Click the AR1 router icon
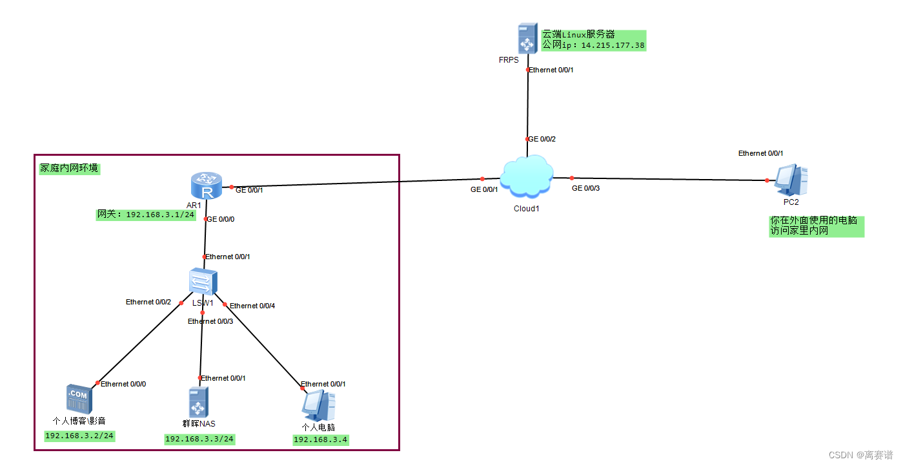[207, 186]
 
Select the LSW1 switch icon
[203, 282]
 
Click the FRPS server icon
[527, 39]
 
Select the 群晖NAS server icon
[198, 402]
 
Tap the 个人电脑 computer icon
[318, 405]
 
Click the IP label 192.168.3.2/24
[79, 436]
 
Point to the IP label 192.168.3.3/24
[199, 440]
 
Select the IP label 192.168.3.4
[321, 440]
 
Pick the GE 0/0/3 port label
[586, 188]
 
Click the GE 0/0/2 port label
[542, 139]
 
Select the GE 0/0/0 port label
[221, 219]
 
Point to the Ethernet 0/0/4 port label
[252, 306]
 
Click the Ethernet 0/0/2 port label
[148, 302]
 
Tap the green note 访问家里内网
[799, 231]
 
